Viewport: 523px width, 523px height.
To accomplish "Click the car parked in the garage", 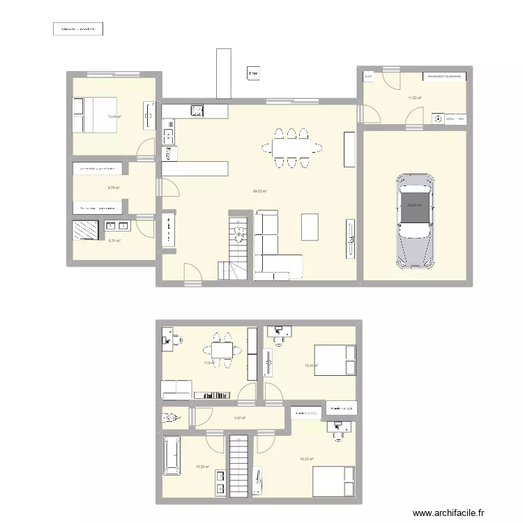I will (416, 220).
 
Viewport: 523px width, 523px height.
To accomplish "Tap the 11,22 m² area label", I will (414, 98).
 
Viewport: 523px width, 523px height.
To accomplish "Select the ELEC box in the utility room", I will (368, 76).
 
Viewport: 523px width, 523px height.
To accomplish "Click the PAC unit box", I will (461, 119).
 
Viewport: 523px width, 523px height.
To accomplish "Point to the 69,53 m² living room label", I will (261, 191).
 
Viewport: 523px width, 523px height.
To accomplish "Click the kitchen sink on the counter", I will (198, 109).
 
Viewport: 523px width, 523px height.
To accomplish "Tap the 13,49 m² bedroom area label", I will (114, 117).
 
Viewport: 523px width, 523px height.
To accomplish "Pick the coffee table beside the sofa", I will (310, 226).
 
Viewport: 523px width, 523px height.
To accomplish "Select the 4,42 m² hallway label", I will (238, 418).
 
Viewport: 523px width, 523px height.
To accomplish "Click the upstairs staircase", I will (239, 466).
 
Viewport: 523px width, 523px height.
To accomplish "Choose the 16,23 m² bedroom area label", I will (306, 458).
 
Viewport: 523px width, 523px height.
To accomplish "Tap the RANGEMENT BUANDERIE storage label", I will (443, 77).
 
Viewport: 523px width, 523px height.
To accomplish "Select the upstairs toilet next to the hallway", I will (168, 418).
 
